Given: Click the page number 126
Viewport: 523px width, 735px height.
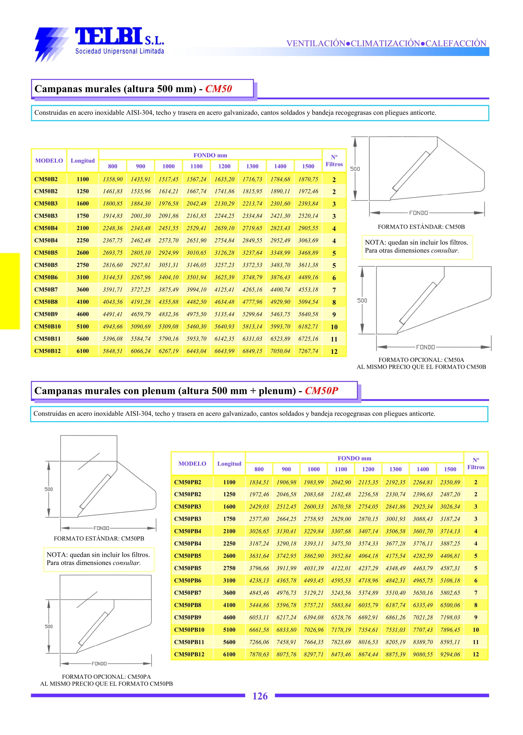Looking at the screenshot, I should click(x=260, y=696).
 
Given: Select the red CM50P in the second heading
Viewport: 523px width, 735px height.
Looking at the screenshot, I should click(x=321, y=390).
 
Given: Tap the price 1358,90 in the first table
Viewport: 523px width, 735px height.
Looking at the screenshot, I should click(x=113, y=179).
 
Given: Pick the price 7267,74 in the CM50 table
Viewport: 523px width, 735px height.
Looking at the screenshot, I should click(x=308, y=351).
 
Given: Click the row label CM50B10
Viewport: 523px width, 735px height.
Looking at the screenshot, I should click(x=47, y=326).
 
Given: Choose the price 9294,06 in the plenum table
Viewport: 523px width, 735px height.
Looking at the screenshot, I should click(x=450, y=654).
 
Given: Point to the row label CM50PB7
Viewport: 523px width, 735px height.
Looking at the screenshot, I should click(x=187, y=593).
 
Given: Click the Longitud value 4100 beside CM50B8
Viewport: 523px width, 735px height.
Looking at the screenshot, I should click(x=82, y=302).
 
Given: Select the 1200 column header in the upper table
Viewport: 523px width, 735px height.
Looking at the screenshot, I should click(x=224, y=166).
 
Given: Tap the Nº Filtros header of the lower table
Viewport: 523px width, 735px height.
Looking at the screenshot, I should click(x=476, y=464).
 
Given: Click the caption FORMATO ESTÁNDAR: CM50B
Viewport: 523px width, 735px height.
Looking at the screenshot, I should click(x=421, y=227).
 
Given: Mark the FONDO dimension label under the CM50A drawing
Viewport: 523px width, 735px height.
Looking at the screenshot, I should click(x=426, y=347).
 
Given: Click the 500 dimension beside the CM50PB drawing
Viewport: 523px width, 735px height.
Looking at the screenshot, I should click(x=49, y=489).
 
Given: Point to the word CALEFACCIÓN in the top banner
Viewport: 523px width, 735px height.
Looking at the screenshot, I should click(x=456, y=43).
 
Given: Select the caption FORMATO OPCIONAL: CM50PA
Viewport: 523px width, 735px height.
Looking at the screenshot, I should click(x=106, y=677).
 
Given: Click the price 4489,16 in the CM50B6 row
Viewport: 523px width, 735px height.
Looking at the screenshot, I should click(x=308, y=278).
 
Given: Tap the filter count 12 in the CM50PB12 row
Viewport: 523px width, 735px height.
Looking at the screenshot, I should click(x=476, y=654).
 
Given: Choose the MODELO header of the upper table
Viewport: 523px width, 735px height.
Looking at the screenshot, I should click(x=49, y=161).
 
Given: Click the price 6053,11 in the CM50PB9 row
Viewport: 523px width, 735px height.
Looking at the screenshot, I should click(x=259, y=617).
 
